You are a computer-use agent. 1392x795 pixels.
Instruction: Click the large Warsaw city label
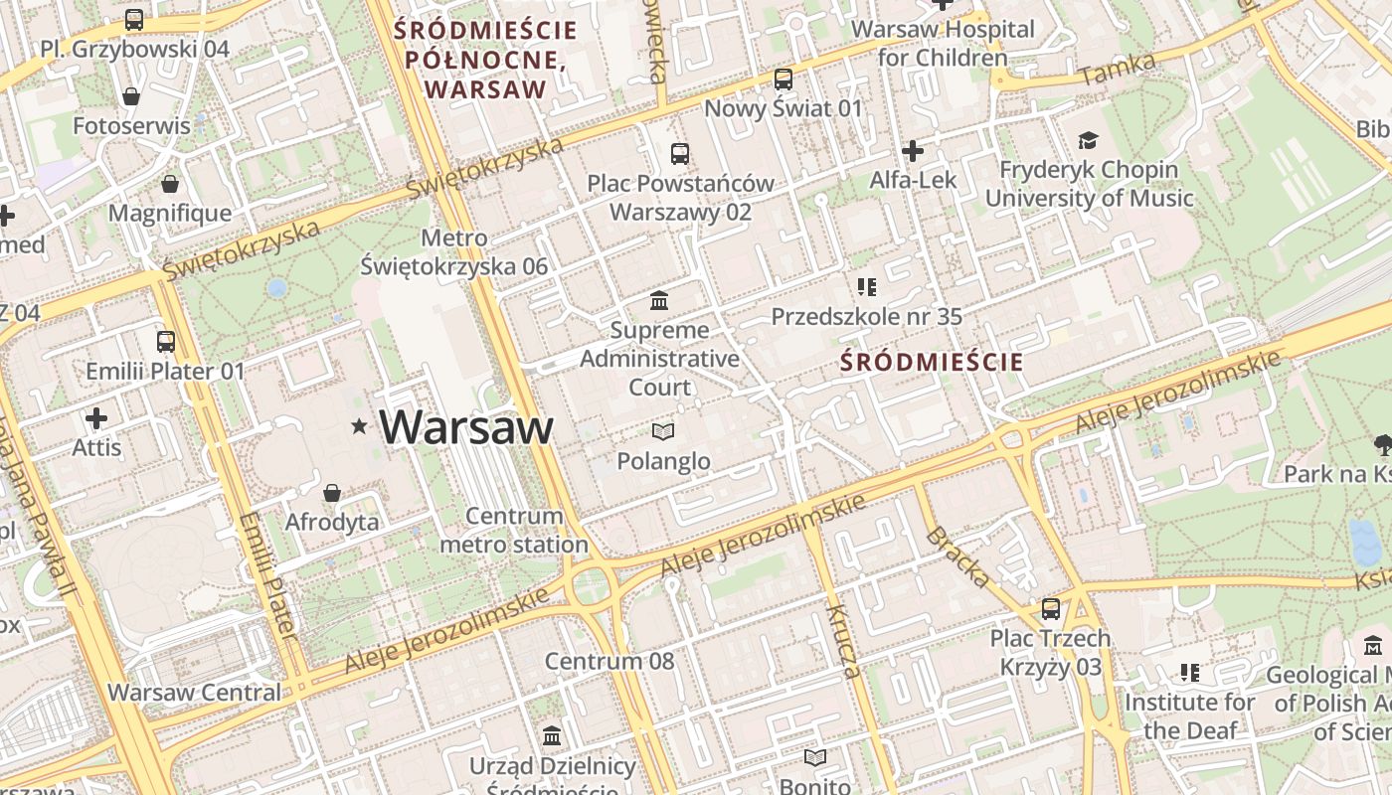pos(465,427)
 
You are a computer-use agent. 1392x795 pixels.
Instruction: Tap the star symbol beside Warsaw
pos(359,427)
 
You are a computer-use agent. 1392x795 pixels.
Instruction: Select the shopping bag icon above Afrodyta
pos(332,493)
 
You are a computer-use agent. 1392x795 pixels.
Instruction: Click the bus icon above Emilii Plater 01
pos(166,342)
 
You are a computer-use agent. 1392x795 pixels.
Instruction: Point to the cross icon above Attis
pos(96,418)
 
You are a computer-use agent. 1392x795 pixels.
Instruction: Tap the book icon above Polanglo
pos(663,431)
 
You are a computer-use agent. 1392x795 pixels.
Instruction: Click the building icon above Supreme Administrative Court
pos(658,300)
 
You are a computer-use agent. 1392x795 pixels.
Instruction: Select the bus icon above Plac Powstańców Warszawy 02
pos(680,154)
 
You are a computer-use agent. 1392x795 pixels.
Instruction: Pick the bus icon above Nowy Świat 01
pos(783,79)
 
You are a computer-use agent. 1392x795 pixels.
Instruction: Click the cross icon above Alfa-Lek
pos(912,151)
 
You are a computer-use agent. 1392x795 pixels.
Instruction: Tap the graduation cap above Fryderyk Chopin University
pos(1088,141)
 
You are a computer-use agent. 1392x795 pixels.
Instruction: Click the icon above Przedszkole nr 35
pos(866,287)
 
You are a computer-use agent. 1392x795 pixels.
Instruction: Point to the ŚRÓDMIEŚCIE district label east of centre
pos(931,362)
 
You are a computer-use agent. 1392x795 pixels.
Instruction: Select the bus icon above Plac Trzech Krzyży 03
pos(1051,608)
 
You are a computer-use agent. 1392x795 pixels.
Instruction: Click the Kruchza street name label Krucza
pos(840,641)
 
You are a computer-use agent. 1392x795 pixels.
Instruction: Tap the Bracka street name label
pos(957,557)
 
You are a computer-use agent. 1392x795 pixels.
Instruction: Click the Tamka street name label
pos(1119,69)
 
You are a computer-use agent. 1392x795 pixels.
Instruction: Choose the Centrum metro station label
pos(514,530)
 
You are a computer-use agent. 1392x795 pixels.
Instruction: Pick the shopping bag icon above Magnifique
pos(170,184)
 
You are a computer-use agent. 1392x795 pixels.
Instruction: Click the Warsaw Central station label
pos(195,693)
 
